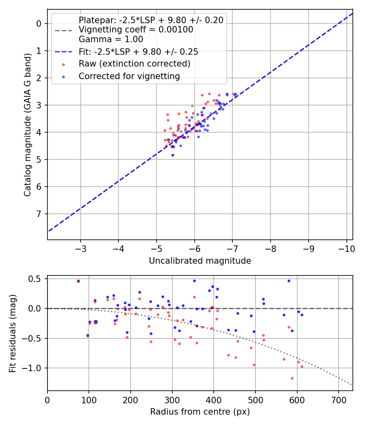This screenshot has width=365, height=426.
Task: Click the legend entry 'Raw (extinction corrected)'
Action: pos(134,64)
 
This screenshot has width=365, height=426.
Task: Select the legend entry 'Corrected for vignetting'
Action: pos(129,76)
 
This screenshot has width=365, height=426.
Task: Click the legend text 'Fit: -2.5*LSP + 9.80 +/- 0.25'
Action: pos(138,52)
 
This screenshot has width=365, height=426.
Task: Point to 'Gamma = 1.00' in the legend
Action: pos(111,39)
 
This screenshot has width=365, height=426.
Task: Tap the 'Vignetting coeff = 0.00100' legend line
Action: pos(136,30)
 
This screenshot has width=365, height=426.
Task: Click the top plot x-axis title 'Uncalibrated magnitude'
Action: pos(200,261)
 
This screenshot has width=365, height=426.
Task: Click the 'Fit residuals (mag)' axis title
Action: pos(13,333)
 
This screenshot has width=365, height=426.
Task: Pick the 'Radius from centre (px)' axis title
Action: pos(200,412)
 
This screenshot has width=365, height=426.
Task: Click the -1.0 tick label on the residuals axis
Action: pos(34,368)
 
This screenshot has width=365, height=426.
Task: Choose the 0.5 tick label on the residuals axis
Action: pos(36,279)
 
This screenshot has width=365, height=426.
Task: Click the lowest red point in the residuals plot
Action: pos(292,378)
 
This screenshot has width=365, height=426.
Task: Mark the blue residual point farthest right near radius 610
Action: pos(302,315)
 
